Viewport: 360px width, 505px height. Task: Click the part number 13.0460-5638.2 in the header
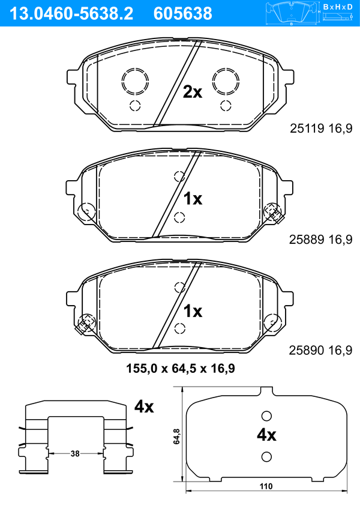click(71, 14)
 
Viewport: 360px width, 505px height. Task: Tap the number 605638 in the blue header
click(183, 14)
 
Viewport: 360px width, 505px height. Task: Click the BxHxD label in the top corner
click(338, 7)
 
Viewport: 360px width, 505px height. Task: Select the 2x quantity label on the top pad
click(193, 92)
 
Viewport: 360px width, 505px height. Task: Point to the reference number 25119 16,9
click(321, 129)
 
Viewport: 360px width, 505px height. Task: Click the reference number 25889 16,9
click(321, 240)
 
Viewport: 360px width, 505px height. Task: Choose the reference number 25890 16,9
click(321, 350)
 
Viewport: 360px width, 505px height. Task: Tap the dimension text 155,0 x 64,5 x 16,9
click(181, 368)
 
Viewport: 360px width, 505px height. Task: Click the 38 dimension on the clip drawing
click(75, 454)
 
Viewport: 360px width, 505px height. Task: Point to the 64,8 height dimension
click(176, 437)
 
